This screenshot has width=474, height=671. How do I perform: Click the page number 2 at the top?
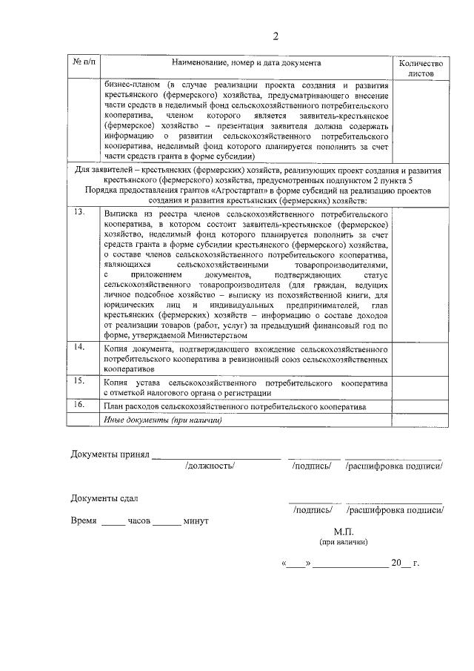(275, 38)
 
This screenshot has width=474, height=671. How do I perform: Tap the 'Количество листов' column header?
(421, 69)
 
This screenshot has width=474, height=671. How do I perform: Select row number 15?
(79, 380)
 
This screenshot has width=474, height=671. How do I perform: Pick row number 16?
(79, 405)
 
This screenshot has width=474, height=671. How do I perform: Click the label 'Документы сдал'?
(104, 498)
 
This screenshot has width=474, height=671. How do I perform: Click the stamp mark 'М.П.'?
(344, 532)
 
